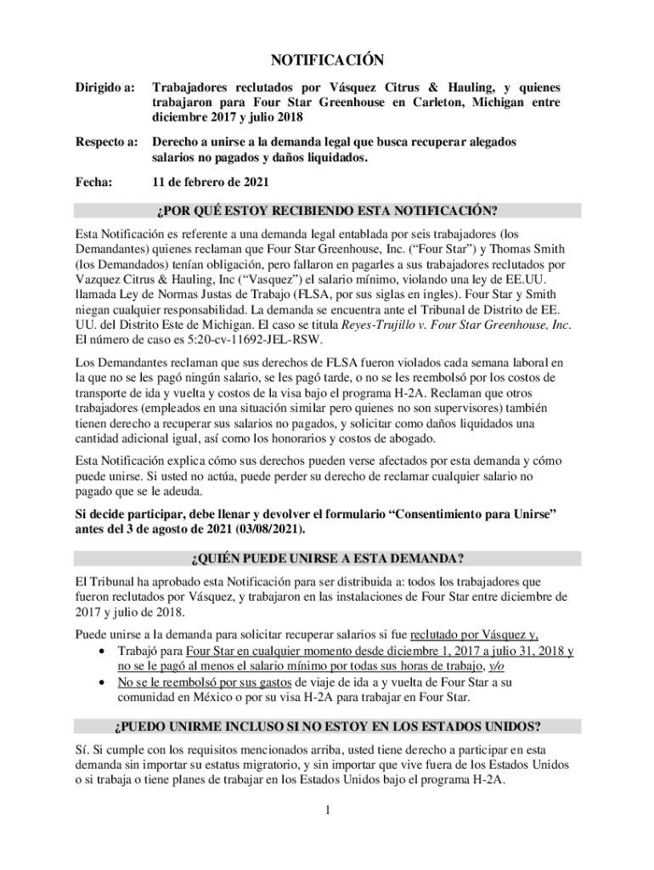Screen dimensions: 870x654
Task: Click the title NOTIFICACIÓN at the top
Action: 327,59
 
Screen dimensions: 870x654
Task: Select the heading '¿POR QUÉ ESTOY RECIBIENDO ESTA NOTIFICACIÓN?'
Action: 327,212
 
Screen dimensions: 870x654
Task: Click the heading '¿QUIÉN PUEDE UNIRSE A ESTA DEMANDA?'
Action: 327,558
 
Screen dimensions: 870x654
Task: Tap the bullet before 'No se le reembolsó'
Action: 103,682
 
